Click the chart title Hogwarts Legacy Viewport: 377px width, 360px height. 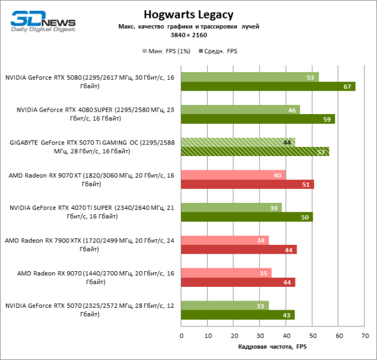(x=188, y=14)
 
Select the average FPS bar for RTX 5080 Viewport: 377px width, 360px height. (x=268, y=86)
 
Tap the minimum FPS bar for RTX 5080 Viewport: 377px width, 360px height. (x=250, y=77)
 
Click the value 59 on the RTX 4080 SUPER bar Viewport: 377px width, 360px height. (x=327, y=119)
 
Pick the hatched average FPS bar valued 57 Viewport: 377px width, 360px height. (x=255, y=152)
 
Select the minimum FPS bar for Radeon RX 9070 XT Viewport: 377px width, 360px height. (x=233, y=175)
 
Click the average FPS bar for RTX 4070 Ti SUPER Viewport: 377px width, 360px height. (x=246, y=217)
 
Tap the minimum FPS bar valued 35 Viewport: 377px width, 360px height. (x=226, y=273)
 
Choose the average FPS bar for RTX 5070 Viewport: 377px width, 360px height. (x=238, y=315)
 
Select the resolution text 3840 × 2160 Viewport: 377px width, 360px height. (x=188, y=36)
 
